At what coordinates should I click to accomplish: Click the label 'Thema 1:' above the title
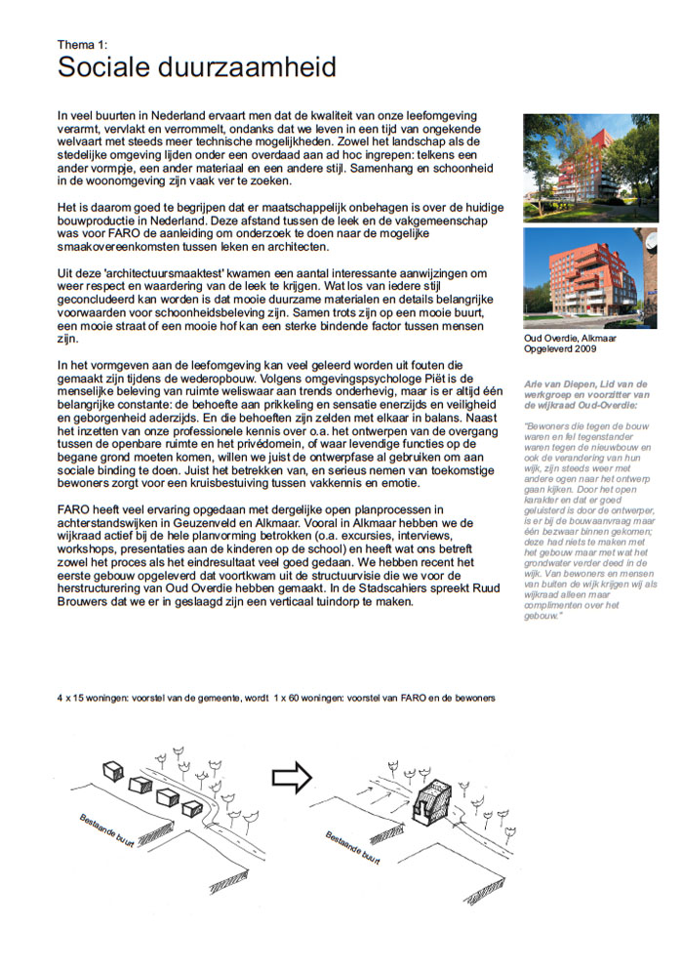pos(82,43)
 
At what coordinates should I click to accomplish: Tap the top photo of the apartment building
pos(590,167)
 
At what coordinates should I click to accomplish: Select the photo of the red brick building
pos(590,278)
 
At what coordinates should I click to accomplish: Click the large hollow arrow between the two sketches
pos(290,778)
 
